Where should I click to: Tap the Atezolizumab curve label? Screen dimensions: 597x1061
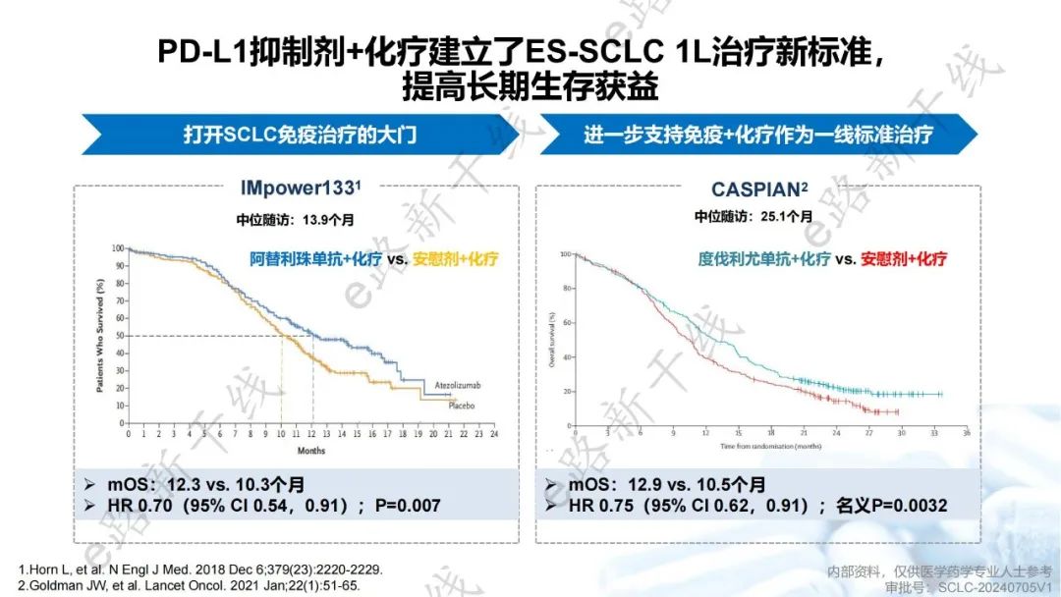tap(458, 384)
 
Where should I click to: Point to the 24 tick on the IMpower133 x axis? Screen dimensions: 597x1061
tap(494, 433)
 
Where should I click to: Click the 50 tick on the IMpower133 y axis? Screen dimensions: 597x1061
tap(118, 336)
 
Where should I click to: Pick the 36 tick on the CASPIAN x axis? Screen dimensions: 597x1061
tap(967, 433)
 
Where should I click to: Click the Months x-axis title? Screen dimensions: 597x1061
tap(310, 451)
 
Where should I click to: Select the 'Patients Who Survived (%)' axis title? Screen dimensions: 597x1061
tap(100, 336)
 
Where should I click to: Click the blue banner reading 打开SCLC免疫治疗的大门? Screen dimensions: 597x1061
tap(300, 135)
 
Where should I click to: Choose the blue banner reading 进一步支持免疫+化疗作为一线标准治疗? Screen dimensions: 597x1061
tap(757, 135)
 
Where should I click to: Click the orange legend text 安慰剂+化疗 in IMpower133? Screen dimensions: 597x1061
tap(456, 260)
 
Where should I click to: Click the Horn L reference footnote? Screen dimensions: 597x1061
tap(200, 570)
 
